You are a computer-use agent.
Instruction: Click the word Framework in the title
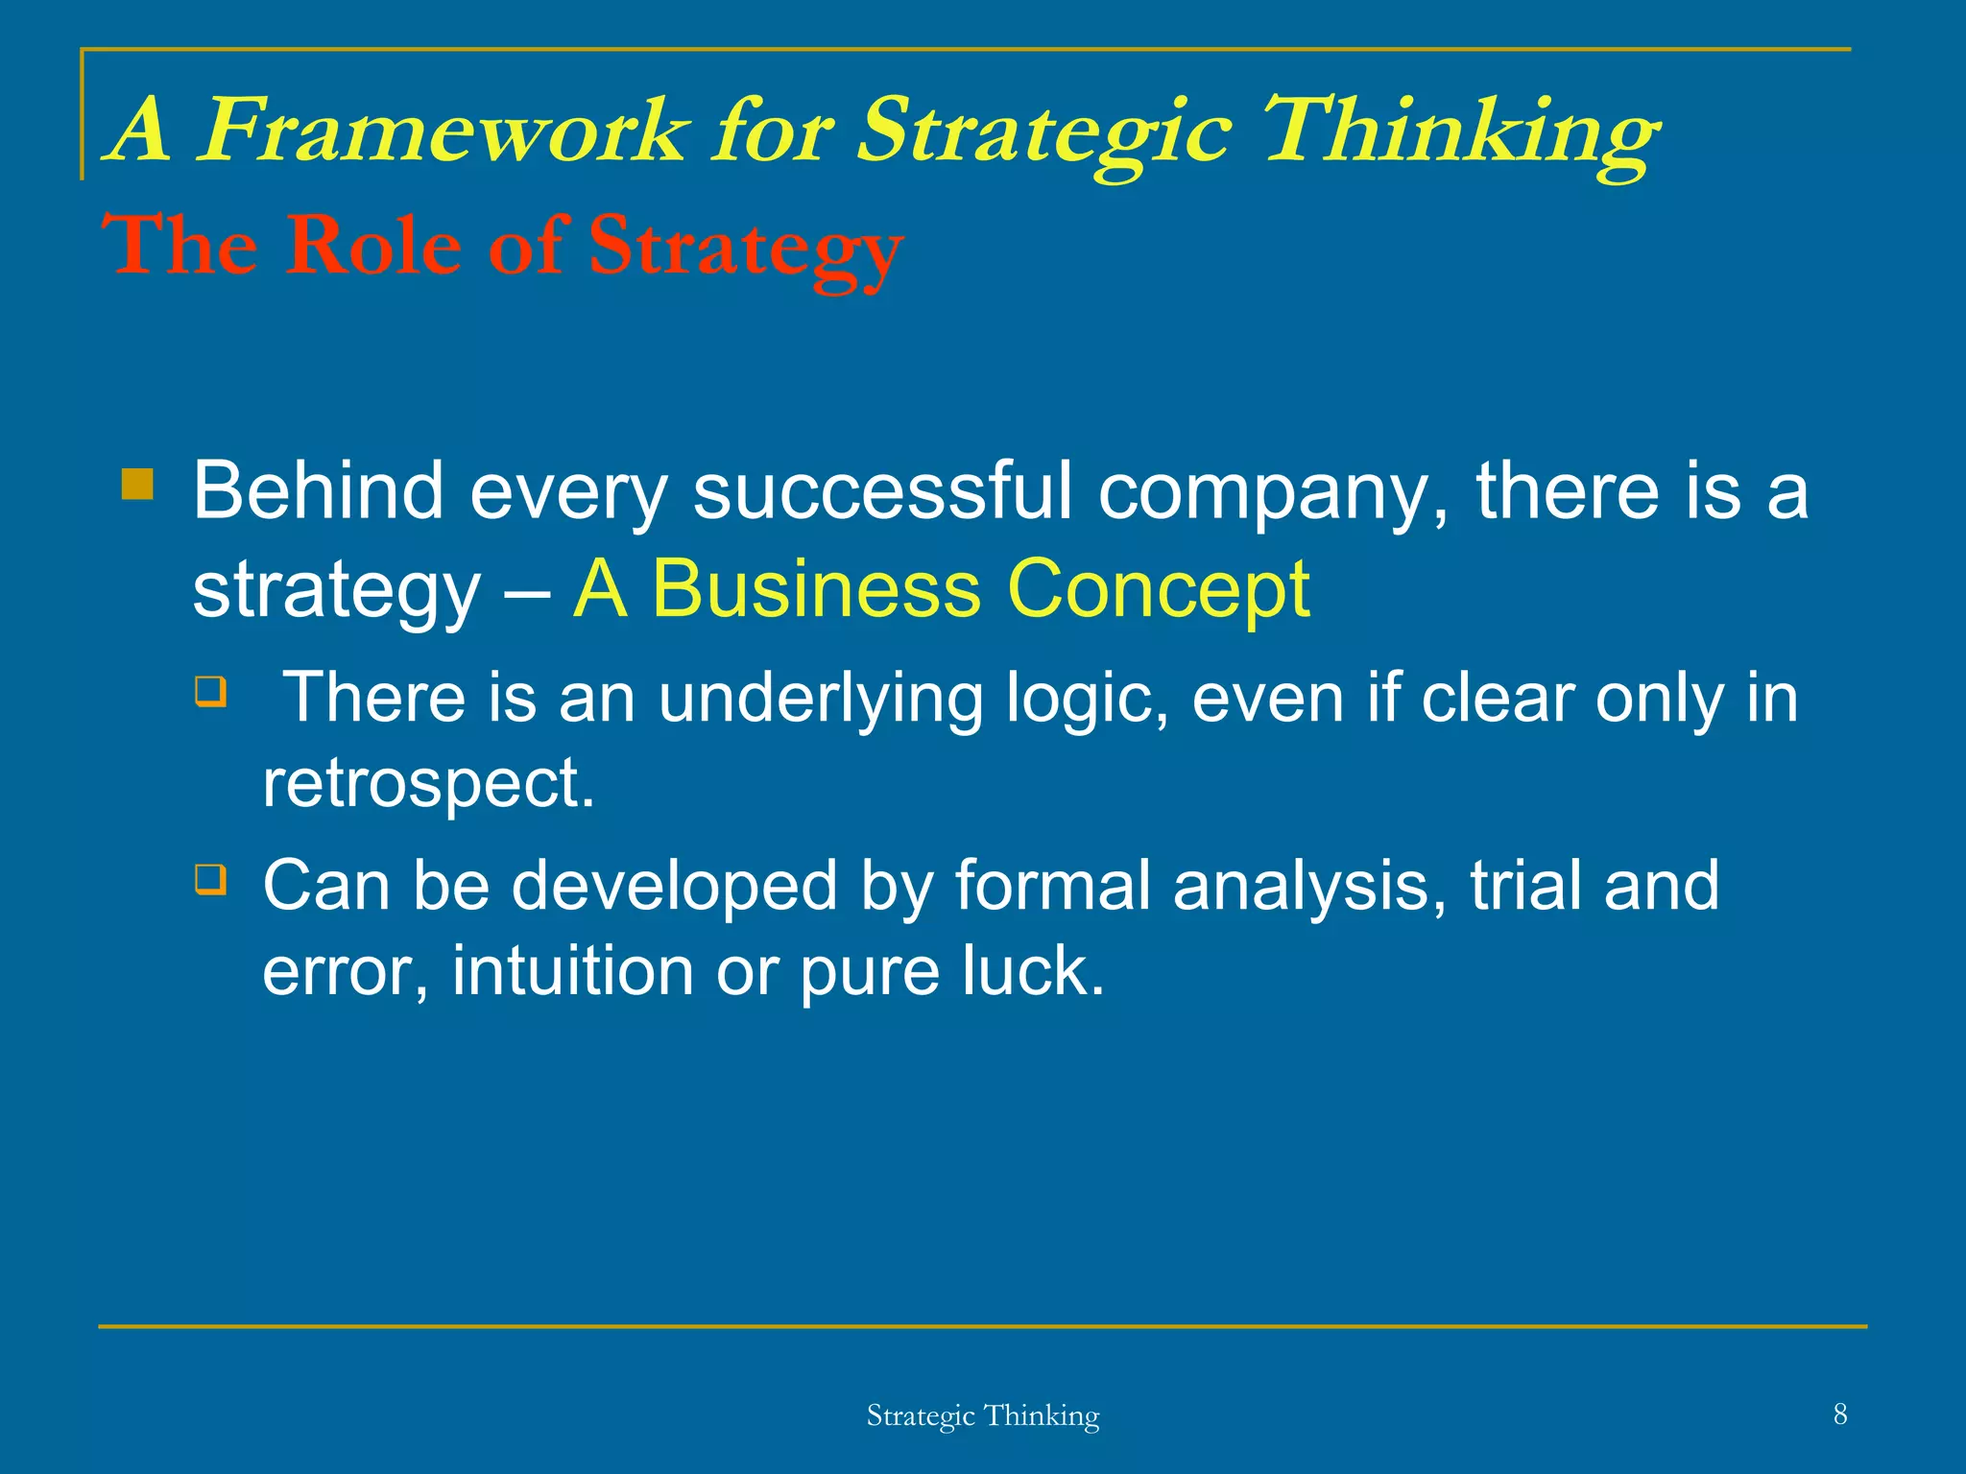coord(443,131)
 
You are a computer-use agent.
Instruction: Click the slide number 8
coord(1839,1414)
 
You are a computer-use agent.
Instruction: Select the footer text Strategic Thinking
coord(982,1415)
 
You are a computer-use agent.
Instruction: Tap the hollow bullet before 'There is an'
coord(211,691)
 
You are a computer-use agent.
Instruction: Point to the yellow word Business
coord(816,589)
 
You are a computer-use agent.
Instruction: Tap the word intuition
coord(572,971)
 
